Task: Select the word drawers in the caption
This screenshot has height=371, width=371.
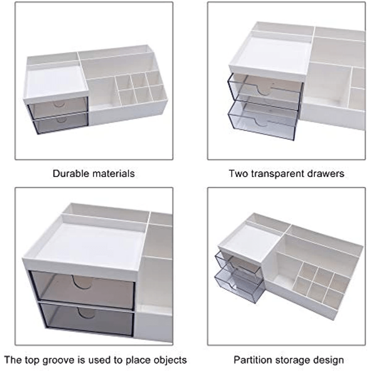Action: click(327, 174)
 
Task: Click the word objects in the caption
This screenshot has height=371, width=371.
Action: click(169, 360)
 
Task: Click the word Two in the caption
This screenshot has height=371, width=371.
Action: click(237, 174)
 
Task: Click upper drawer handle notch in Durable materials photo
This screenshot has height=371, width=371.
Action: click(58, 103)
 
